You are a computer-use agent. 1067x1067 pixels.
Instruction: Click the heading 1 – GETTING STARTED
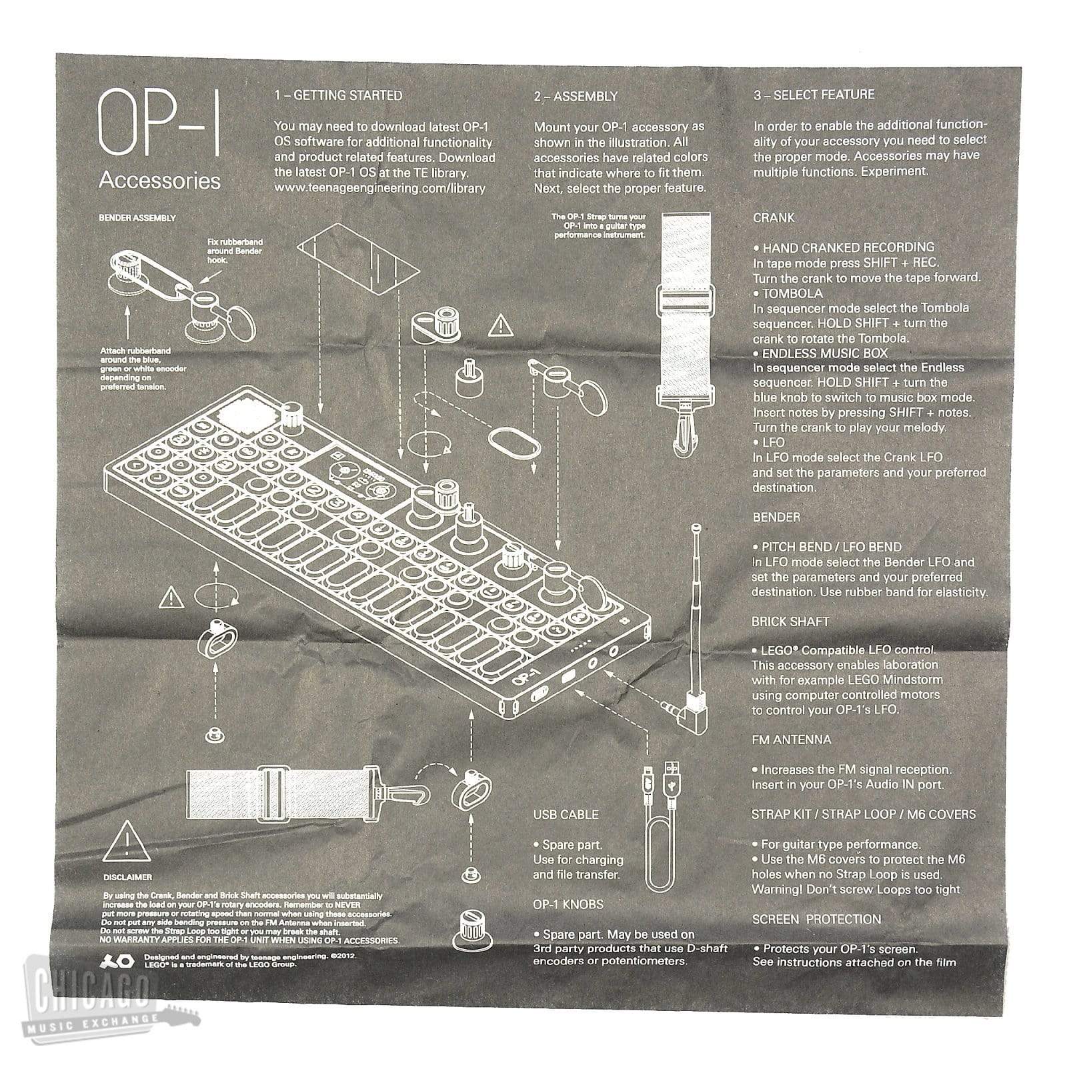[338, 95]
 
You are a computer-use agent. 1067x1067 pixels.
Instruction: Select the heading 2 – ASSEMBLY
[576, 97]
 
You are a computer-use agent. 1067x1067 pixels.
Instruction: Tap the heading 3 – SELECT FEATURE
[814, 95]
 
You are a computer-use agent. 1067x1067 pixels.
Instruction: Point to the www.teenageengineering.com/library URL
[379, 189]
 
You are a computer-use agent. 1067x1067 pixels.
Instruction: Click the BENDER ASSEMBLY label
[137, 218]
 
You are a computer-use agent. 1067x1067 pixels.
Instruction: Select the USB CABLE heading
[566, 814]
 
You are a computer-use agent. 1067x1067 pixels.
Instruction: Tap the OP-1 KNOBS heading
[568, 905]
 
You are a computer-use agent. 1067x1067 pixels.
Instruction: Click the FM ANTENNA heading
[791, 740]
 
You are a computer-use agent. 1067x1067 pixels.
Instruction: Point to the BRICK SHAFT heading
[790, 622]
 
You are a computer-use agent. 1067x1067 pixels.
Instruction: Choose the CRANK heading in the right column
[774, 218]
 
